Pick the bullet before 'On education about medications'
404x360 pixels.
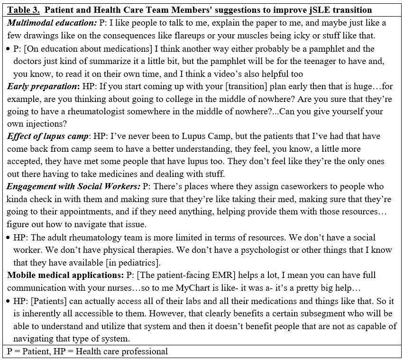(x=9, y=48)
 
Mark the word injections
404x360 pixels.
(x=44, y=124)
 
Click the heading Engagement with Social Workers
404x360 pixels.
(x=73, y=186)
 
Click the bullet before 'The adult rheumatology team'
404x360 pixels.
(x=9, y=237)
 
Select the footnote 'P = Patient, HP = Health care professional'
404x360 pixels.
(x=87, y=351)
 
